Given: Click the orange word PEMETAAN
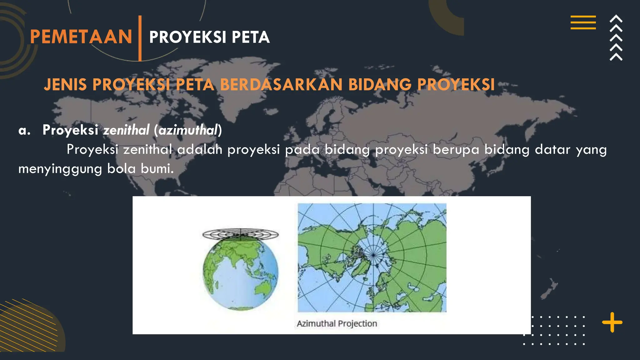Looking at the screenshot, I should tap(81, 37).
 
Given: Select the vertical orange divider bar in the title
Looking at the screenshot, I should tap(140, 38).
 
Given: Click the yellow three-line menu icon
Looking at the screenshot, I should tap(583, 22).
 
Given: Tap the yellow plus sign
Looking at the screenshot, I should tap(612, 322).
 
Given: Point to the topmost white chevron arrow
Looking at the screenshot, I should tap(616, 19).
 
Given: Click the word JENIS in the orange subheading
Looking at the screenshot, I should tap(65, 85).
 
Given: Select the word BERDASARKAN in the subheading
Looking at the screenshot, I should tap(281, 85).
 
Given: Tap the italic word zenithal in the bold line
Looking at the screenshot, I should tap(127, 130).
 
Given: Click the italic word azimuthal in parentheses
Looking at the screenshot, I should tap(188, 130).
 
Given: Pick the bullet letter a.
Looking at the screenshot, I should tap(24, 130).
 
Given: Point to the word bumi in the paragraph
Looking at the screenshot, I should tap(157, 169).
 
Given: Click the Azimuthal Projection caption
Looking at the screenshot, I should tap(337, 323).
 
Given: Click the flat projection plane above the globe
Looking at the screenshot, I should tap(240, 234).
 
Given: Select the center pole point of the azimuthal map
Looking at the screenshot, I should tap(373, 255).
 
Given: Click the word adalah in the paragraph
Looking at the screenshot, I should tap(200, 149).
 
